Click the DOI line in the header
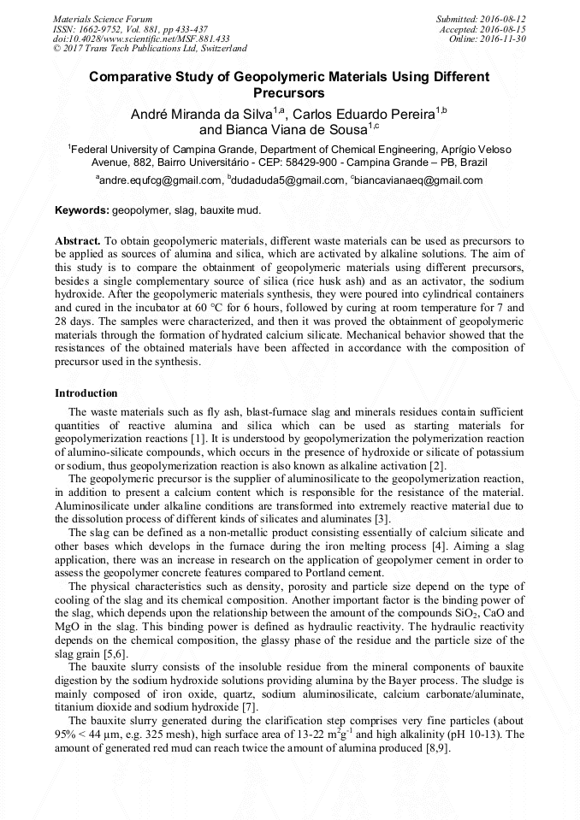pos(141,38)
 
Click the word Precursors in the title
pos(289,92)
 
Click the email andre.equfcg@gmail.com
pos(160,180)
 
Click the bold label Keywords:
pos(82,210)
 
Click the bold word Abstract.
pos(78,242)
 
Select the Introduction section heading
pos(86,393)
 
